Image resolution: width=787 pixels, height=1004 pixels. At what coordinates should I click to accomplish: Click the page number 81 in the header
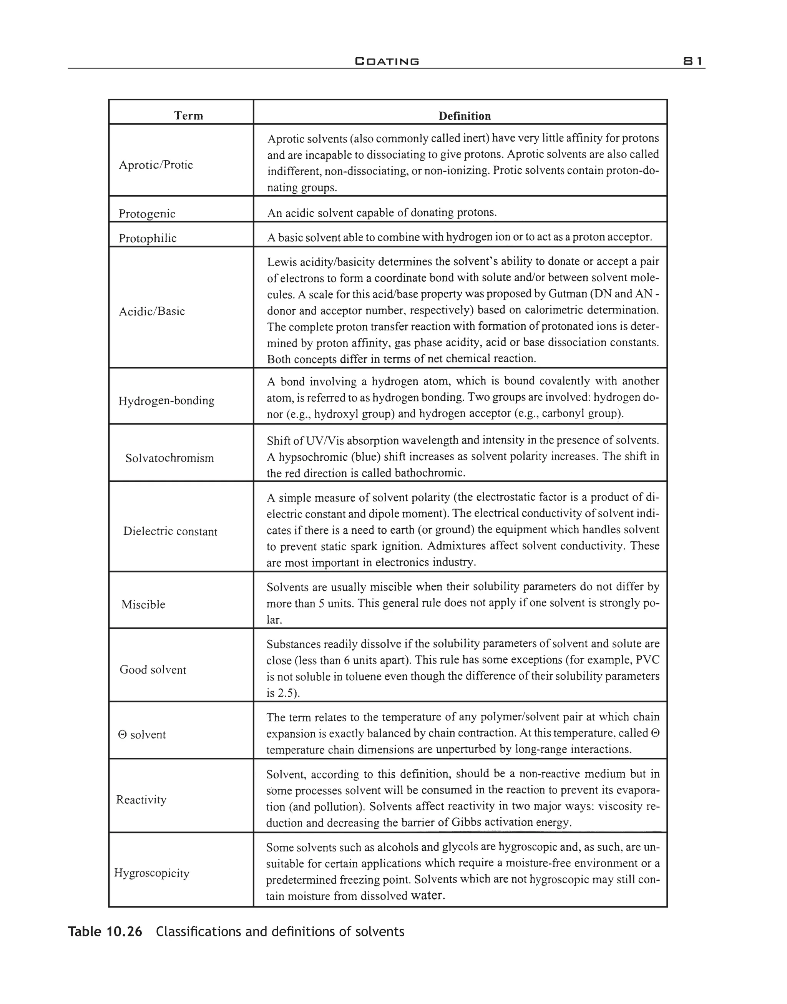point(692,61)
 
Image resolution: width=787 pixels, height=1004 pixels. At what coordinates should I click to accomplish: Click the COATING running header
point(387,61)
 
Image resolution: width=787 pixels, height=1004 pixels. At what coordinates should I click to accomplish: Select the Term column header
point(188,116)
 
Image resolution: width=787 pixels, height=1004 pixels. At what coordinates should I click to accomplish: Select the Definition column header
point(465,116)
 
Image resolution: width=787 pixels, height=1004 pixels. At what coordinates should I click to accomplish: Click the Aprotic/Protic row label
point(156,165)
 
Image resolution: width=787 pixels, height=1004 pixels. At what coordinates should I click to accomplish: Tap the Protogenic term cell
point(147,214)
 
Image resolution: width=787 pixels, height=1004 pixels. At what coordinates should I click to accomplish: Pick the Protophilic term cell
point(148,238)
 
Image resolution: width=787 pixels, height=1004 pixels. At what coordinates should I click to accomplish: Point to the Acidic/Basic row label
point(151,312)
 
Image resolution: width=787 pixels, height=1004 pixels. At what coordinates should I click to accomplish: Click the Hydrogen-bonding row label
point(166,401)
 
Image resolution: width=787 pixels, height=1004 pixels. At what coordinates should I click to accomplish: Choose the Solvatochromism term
point(169,458)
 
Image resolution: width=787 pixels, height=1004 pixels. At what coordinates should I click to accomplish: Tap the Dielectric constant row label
point(170,531)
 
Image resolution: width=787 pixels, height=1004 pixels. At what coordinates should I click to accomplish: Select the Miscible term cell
point(143,604)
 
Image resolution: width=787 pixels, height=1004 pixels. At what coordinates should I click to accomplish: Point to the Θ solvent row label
point(142,734)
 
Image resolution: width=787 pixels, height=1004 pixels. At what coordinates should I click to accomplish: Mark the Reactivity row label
point(141,800)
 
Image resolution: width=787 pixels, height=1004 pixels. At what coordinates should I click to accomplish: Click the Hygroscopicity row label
point(151,873)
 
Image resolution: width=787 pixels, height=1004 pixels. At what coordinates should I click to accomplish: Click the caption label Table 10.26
point(105,932)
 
